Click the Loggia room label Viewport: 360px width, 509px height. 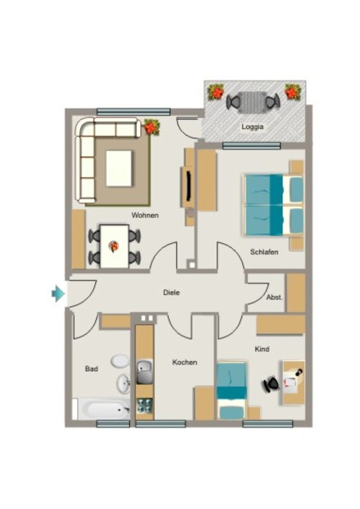[x=252, y=127]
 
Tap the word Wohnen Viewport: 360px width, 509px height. [x=145, y=215]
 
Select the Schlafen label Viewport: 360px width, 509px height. [x=264, y=252]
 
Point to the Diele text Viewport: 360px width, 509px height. [x=172, y=292]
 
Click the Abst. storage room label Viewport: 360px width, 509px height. [x=274, y=297]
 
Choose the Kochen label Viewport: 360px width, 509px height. [x=184, y=362]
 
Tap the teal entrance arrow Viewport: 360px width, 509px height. [x=58, y=294]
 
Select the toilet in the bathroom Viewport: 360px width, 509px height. [x=120, y=361]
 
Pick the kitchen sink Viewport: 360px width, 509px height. [x=144, y=372]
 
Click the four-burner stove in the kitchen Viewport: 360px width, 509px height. [x=144, y=406]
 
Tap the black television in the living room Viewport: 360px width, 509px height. [x=188, y=186]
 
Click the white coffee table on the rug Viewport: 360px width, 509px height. [x=119, y=168]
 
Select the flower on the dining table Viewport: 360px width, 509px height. [x=113, y=247]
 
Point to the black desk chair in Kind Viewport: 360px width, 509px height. [x=271, y=384]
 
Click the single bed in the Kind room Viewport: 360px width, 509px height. [x=231, y=391]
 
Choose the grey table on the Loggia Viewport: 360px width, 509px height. [x=253, y=102]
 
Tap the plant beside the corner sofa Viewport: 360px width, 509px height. [x=152, y=127]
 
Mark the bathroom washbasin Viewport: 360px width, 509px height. [x=123, y=384]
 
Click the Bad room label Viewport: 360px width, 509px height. [x=91, y=369]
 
